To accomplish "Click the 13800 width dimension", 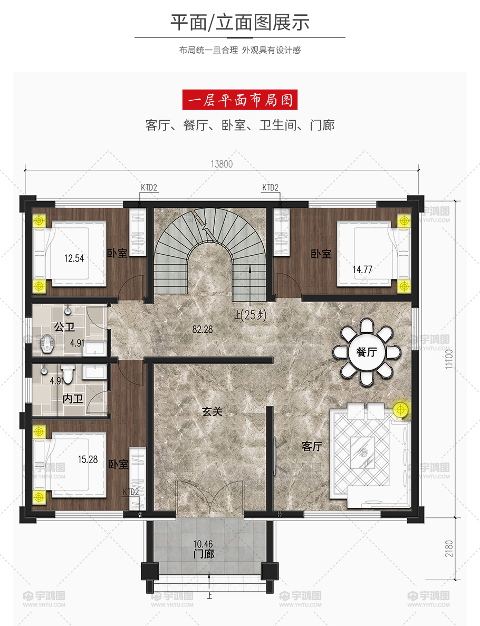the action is pyautogui.click(x=222, y=164).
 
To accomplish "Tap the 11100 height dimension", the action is pyautogui.click(x=449, y=359).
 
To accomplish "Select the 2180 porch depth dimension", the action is pyautogui.click(x=449, y=548).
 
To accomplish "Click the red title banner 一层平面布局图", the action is pyautogui.click(x=240, y=100).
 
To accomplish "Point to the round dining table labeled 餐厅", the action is pyautogui.click(x=367, y=352).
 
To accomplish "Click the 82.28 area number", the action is pyautogui.click(x=203, y=330).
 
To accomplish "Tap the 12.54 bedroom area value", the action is pyautogui.click(x=74, y=258).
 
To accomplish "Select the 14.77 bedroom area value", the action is pyautogui.click(x=362, y=269).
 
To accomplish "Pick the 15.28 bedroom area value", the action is pyautogui.click(x=88, y=459).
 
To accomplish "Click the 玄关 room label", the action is pyautogui.click(x=212, y=411).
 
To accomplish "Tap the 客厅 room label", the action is pyautogui.click(x=312, y=446).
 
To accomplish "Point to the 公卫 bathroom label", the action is pyautogui.click(x=64, y=327).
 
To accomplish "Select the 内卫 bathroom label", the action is pyautogui.click(x=73, y=399).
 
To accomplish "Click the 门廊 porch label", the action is pyautogui.click(x=204, y=554).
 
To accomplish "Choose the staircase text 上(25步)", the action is pyautogui.click(x=251, y=315).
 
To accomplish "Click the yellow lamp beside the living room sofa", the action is pyautogui.click(x=400, y=410).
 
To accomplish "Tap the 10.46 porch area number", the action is pyautogui.click(x=203, y=544).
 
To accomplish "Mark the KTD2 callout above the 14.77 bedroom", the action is pyautogui.click(x=271, y=188).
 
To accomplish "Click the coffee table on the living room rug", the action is pyautogui.click(x=362, y=452).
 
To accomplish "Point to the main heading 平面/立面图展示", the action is pyautogui.click(x=240, y=22).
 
